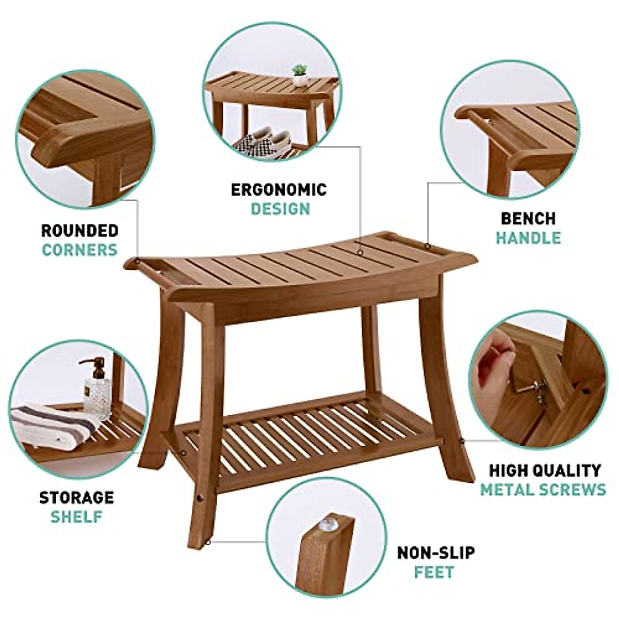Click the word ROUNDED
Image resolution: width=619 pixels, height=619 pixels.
(80, 230)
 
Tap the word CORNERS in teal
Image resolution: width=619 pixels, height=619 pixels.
(80, 250)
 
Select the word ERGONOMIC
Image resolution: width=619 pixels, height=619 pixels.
(279, 189)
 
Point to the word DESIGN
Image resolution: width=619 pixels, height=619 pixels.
(281, 209)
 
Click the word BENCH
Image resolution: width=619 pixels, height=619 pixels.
(528, 218)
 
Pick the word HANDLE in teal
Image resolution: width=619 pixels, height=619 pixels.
(528, 238)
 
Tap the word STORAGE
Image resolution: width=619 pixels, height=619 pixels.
(76, 497)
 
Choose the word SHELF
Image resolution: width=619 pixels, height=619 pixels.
(76, 516)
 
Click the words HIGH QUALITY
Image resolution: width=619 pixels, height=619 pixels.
(545, 470)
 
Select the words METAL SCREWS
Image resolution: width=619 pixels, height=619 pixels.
(543, 490)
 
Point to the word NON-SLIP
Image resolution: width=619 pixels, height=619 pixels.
(436, 553)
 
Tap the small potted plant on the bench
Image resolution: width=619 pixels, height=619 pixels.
(299, 75)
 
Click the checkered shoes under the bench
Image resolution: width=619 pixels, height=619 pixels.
(263, 140)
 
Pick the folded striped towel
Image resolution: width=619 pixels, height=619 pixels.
(54, 424)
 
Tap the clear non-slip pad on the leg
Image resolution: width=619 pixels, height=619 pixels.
(327, 526)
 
